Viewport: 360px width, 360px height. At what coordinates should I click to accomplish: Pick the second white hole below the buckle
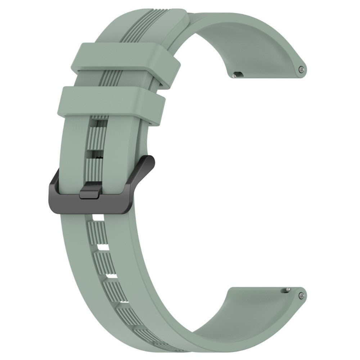coord(102,249)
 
